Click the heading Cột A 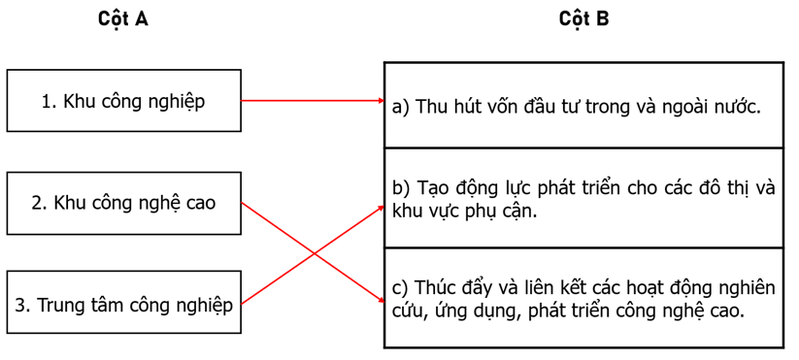[123, 19]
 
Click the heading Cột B [583, 19]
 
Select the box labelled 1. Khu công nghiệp [123, 100]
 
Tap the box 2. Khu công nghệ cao [123, 203]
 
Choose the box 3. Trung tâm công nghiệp [123, 305]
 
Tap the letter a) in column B [401, 108]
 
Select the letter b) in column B [401, 187]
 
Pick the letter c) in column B [400, 288]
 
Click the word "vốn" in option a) [516, 108]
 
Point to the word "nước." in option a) [734, 108]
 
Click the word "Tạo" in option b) [434, 187]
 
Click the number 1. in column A [50, 101]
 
